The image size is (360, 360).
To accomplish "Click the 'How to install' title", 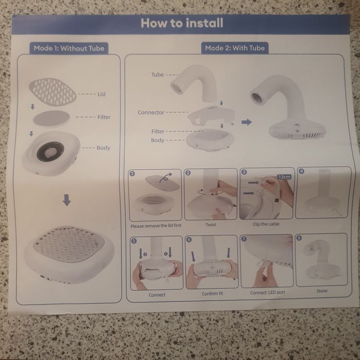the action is click(182, 23).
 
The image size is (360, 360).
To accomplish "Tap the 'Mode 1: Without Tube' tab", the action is click(69, 48).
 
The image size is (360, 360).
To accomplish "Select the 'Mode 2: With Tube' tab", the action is click(235, 48).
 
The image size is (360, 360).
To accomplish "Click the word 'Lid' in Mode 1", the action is click(101, 94).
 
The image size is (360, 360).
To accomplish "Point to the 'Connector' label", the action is click(151, 113).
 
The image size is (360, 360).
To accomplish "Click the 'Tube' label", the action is click(157, 75).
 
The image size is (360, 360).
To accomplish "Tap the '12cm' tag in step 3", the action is click(284, 177).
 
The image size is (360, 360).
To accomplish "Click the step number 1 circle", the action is click(132, 174).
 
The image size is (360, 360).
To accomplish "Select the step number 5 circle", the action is click(134, 241).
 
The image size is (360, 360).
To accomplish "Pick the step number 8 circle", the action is click(299, 238).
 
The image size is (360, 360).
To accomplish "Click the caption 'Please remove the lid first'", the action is click(156, 226).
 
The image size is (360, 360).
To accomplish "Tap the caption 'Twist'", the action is click(211, 225).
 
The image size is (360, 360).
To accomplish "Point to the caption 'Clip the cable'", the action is click(266, 224).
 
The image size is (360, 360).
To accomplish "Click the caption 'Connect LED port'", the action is click(267, 293).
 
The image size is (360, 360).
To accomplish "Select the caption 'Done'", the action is click(322, 291).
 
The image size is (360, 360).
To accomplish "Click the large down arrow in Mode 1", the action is click(66, 200).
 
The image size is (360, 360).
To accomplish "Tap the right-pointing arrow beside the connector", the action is click(246, 122).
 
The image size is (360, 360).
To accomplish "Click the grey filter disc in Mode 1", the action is click(51, 118).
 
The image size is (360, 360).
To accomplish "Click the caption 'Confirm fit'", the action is click(212, 294).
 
